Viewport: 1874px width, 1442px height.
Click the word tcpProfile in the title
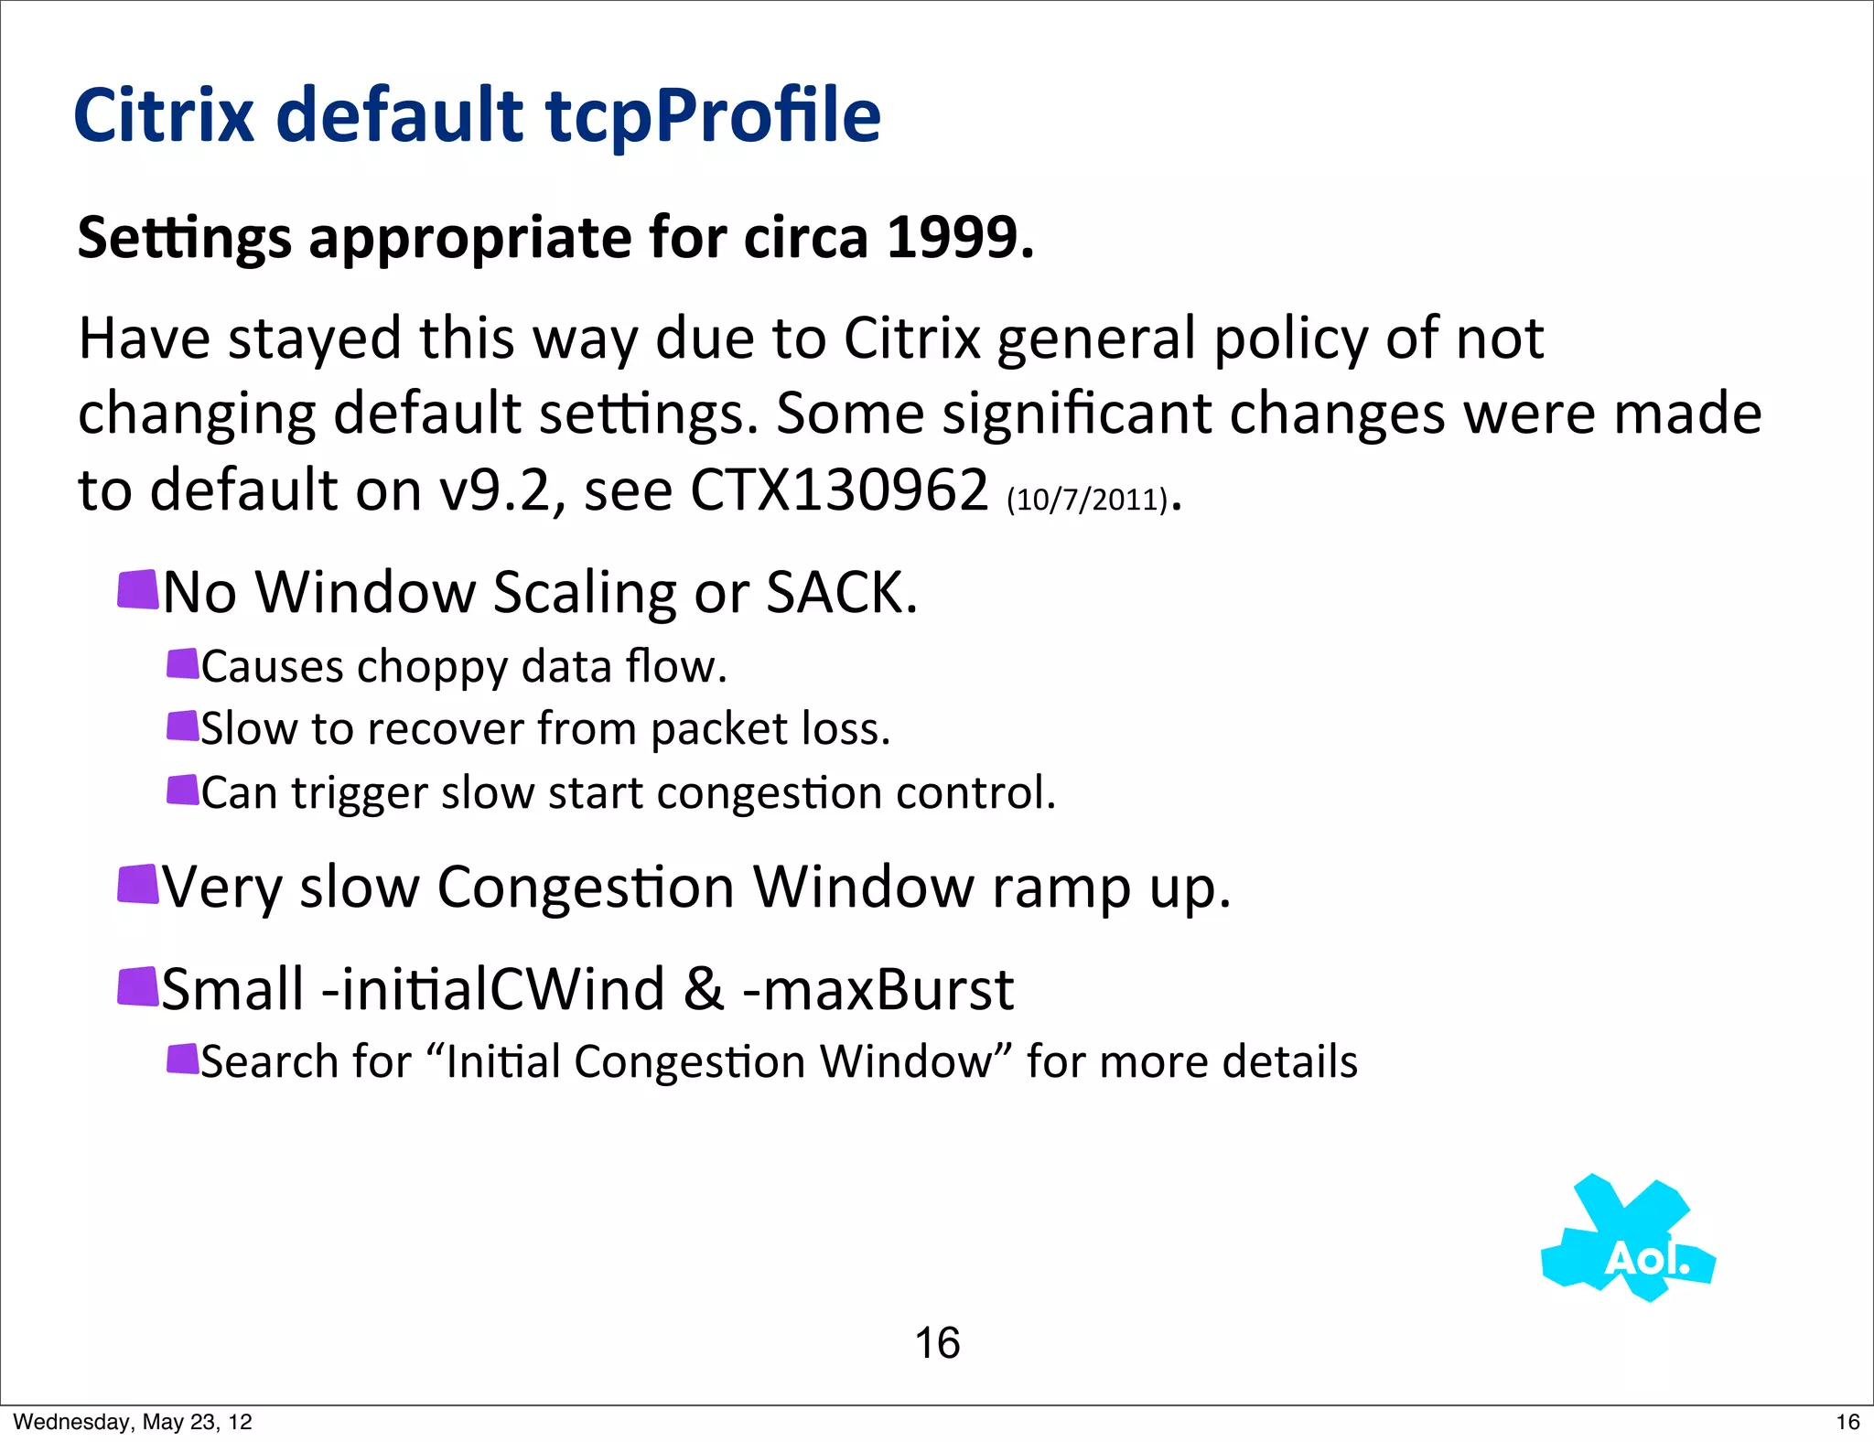pyautogui.click(x=713, y=116)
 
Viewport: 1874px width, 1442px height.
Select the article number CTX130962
pyautogui.click(x=838, y=490)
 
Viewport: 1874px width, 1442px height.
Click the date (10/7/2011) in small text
pyautogui.click(x=1087, y=500)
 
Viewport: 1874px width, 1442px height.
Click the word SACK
pyautogui.click(x=840, y=592)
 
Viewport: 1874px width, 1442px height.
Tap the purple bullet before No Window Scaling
pyautogui.click(x=138, y=589)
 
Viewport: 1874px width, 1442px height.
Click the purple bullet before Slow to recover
pyautogui.click(x=183, y=726)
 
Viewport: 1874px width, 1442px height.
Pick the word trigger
pyautogui.click(x=360, y=793)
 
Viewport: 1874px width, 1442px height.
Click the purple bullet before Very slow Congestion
pyautogui.click(x=138, y=884)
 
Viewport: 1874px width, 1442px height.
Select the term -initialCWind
pyautogui.click(x=494, y=990)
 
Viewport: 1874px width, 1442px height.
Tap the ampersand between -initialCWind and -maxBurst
pyautogui.click(x=704, y=990)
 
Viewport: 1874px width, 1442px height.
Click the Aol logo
pyautogui.click(x=1629, y=1240)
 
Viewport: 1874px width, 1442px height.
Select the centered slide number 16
pyautogui.click(x=937, y=1343)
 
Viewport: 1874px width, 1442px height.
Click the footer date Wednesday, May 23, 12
pyautogui.click(x=133, y=1422)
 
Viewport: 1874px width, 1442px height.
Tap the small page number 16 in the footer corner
pyautogui.click(x=1847, y=1422)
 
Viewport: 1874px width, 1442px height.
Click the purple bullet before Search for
pyautogui.click(x=183, y=1059)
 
